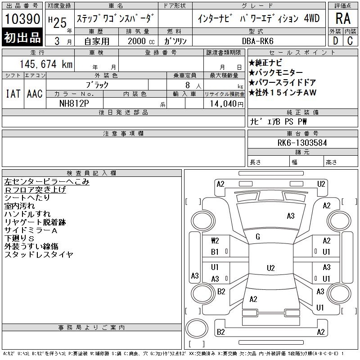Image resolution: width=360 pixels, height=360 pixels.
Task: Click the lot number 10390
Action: (22, 18)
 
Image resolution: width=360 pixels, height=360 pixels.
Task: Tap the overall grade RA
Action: (343, 18)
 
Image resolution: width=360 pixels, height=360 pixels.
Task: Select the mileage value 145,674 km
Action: (46, 64)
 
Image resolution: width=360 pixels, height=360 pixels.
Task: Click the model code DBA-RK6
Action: (257, 41)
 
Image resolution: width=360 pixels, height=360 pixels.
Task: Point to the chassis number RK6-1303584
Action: (302, 143)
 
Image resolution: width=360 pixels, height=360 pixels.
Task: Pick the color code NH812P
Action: (74, 103)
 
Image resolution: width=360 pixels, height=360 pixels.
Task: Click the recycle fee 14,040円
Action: (226, 104)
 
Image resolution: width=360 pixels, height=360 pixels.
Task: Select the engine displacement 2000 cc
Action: (141, 41)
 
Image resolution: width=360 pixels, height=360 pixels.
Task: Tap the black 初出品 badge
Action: (22, 37)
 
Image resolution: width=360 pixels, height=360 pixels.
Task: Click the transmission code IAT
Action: (13, 94)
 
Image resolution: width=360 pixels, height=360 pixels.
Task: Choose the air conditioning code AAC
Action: (35, 94)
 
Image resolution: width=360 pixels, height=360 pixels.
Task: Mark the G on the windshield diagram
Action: (258, 237)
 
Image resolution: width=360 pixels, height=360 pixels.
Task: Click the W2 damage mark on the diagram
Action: (215, 241)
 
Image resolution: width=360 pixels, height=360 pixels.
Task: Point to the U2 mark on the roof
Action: (271, 268)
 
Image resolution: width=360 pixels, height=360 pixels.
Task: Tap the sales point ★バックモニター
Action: (275, 72)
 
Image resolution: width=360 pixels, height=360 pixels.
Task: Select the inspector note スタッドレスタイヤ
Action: (39, 254)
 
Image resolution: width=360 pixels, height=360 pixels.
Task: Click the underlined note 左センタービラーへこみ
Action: (47, 182)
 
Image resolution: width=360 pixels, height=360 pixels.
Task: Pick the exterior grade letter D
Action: (335, 41)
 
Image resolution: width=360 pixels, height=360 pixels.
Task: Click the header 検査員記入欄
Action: (91, 173)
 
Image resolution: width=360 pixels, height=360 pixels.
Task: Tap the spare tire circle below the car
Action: (197, 328)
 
